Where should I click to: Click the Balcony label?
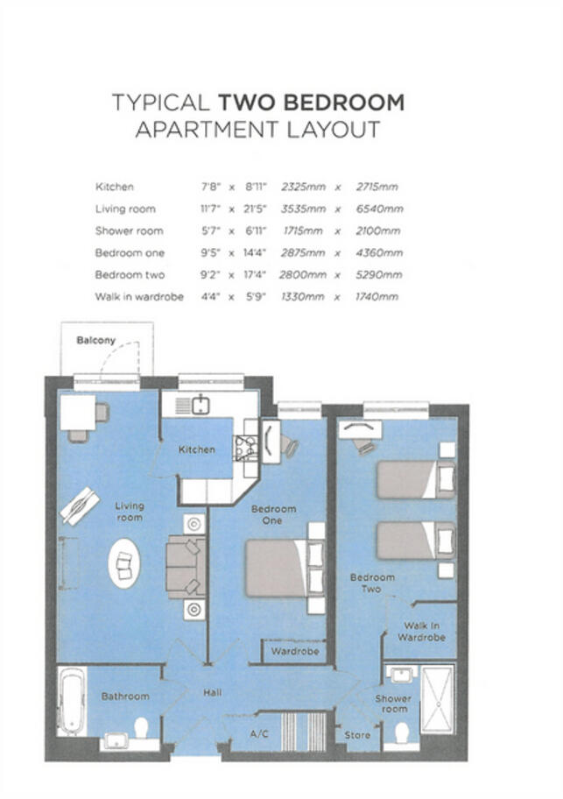(x=95, y=340)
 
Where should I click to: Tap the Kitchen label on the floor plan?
(x=197, y=449)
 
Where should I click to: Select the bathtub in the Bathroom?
(x=71, y=701)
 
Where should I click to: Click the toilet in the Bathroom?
(x=140, y=727)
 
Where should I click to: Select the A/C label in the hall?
(x=258, y=733)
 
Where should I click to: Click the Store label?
(x=357, y=734)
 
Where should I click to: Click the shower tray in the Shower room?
(x=437, y=699)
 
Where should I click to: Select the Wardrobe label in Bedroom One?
(x=293, y=652)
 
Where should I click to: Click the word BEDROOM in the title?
(x=312, y=102)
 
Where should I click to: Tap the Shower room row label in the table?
(x=129, y=231)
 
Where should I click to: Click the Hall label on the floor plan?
(x=213, y=692)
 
